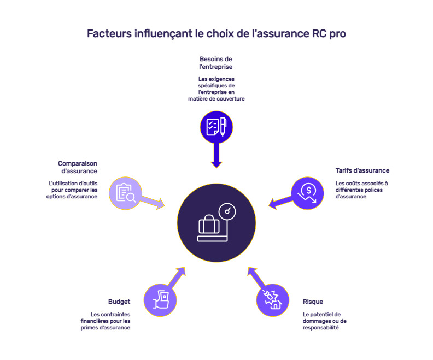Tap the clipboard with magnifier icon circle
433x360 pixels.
tap(126, 193)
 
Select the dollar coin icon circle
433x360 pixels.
tap(307, 193)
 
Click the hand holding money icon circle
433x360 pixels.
tap(160, 299)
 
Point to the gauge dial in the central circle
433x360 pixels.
tap(226, 211)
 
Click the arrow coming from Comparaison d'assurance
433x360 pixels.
tap(153, 203)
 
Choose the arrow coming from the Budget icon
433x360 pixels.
tap(177, 278)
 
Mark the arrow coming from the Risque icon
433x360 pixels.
tap(255, 278)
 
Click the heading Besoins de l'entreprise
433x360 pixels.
tap(216, 62)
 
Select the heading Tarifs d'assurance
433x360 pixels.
tap(362, 170)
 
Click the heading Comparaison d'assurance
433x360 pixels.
tap(78, 167)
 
